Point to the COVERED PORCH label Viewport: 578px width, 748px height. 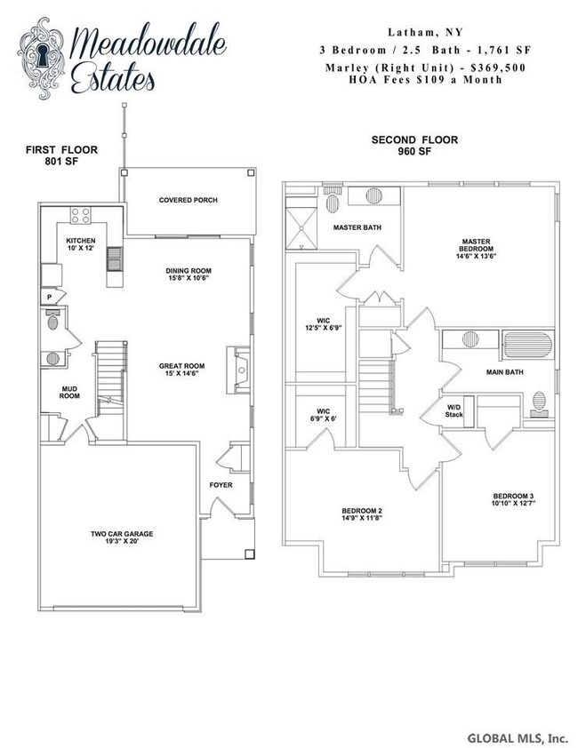(188, 201)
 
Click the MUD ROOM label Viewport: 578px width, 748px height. (69, 392)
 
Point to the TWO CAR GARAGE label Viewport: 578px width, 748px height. (122, 538)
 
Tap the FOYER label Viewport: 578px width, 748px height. (221, 486)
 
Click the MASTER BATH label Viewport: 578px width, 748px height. (357, 228)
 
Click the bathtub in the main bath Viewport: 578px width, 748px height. (528, 344)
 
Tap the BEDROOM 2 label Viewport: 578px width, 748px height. (362, 515)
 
